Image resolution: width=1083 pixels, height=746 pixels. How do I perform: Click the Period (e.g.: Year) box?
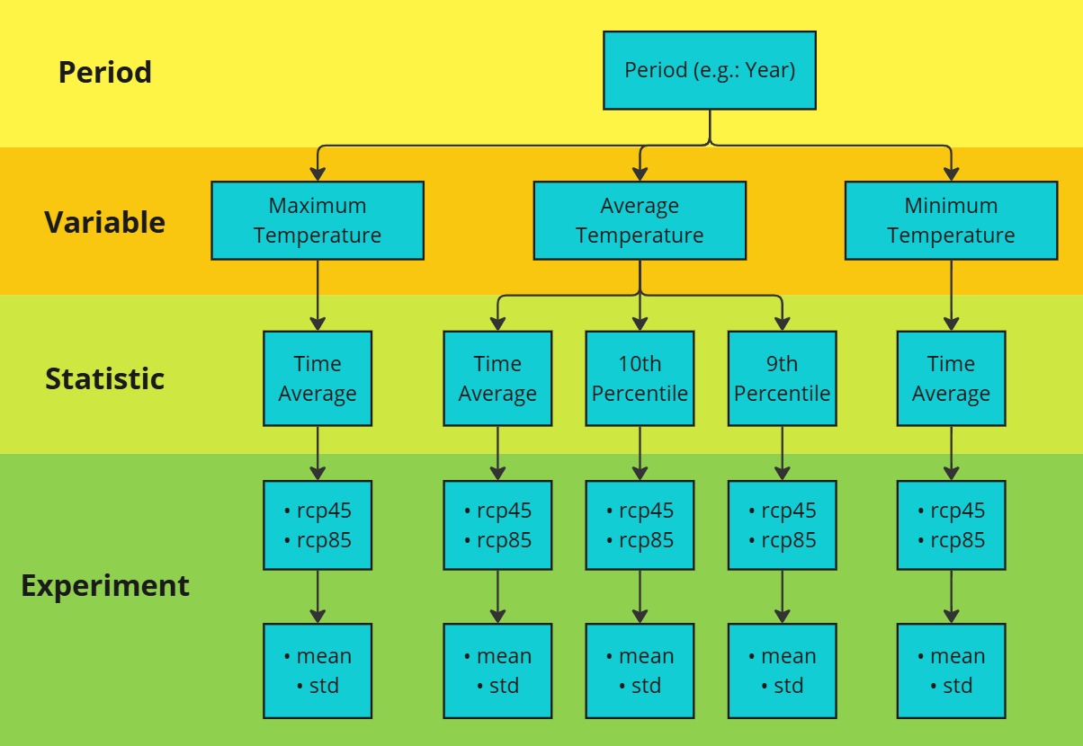click(710, 70)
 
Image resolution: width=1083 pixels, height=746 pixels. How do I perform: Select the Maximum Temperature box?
click(318, 221)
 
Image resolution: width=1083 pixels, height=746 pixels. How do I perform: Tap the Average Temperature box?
click(640, 221)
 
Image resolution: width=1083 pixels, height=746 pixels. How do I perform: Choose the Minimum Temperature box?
click(951, 221)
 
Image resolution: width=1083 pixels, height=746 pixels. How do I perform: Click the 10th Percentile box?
click(640, 378)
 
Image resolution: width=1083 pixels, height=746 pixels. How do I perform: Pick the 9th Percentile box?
click(782, 378)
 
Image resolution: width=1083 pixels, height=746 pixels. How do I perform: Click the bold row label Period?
click(105, 73)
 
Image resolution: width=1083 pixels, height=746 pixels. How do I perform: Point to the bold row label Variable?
click(105, 222)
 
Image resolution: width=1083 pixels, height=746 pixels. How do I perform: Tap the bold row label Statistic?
click(105, 378)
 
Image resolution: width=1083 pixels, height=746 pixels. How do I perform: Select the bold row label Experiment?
click(105, 586)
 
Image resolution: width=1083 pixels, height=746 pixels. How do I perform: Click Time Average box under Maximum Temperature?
click(318, 378)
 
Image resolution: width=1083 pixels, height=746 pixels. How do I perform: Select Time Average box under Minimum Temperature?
click(951, 378)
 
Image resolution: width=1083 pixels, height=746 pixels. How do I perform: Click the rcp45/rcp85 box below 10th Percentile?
click(640, 525)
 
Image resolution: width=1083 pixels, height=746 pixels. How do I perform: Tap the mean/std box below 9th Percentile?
click(782, 671)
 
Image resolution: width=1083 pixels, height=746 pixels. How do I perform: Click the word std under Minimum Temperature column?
click(957, 686)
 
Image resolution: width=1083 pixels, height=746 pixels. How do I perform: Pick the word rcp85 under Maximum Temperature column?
click(324, 540)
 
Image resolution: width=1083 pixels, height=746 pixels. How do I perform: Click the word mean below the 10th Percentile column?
click(647, 656)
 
